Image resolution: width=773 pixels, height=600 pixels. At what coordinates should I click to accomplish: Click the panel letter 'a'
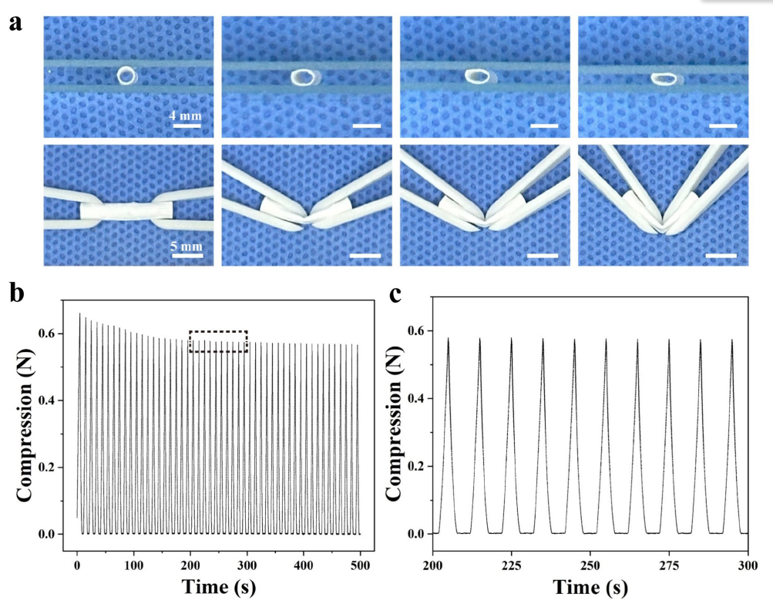click(x=15, y=22)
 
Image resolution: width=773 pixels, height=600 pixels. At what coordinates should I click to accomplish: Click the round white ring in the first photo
click(x=126, y=75)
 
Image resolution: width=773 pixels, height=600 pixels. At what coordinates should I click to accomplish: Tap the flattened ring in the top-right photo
click(x=663, y=78)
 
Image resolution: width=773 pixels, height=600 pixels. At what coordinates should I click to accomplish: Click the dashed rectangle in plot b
click(x=218, y=342)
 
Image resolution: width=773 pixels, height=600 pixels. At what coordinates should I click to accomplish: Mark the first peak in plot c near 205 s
click(x=449, y=338)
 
